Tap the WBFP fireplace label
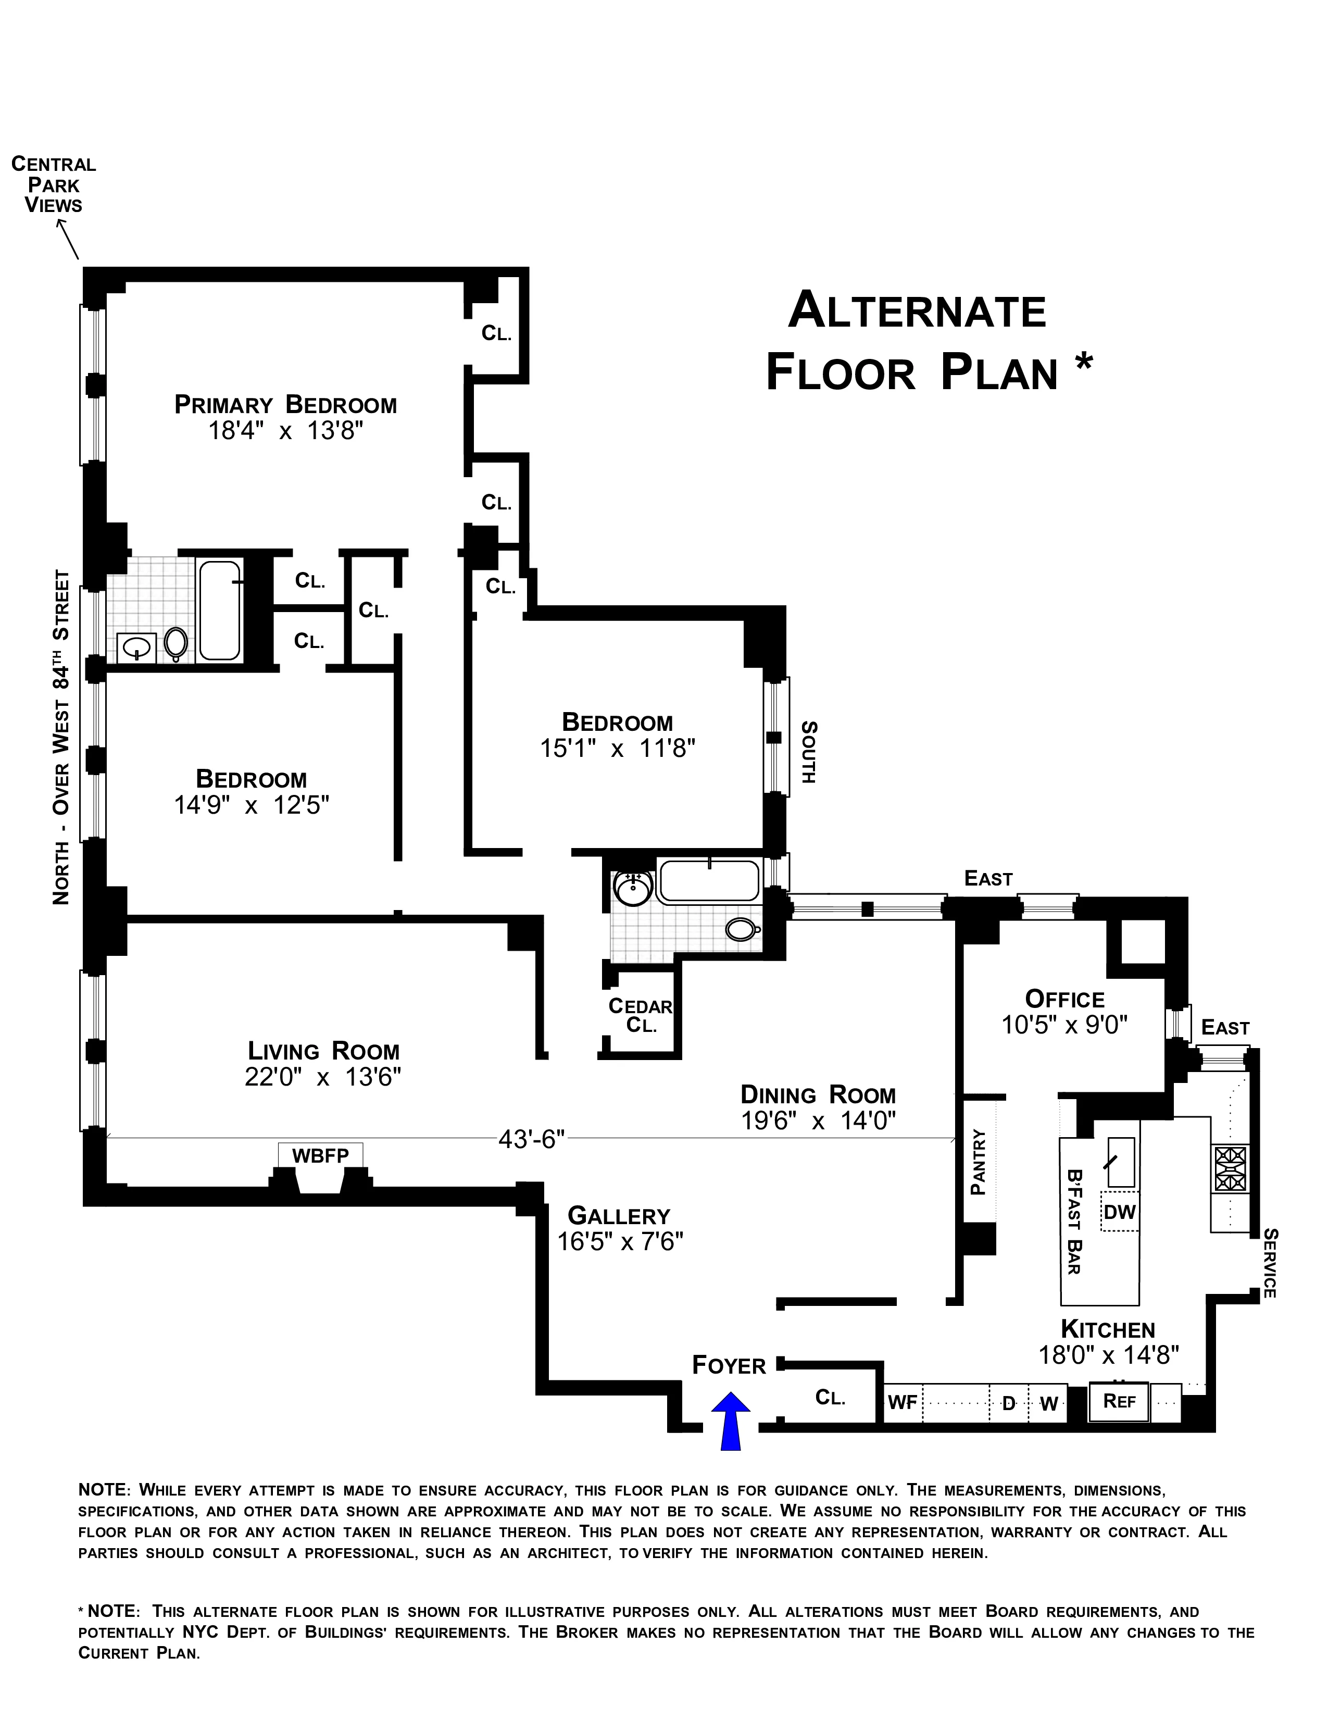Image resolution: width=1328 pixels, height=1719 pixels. pos(320,1155)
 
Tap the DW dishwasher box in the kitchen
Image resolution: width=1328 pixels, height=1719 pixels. pos(1120,1212)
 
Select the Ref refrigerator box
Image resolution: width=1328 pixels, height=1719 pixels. pos(1119,1400)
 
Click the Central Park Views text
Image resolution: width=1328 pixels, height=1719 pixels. pos(54,184)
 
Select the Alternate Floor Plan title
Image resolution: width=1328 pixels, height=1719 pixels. pos(929,341)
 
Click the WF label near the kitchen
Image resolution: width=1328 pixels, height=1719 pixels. pos(903,1402)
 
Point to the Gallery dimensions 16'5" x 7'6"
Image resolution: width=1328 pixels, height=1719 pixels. pos(620,1241)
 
